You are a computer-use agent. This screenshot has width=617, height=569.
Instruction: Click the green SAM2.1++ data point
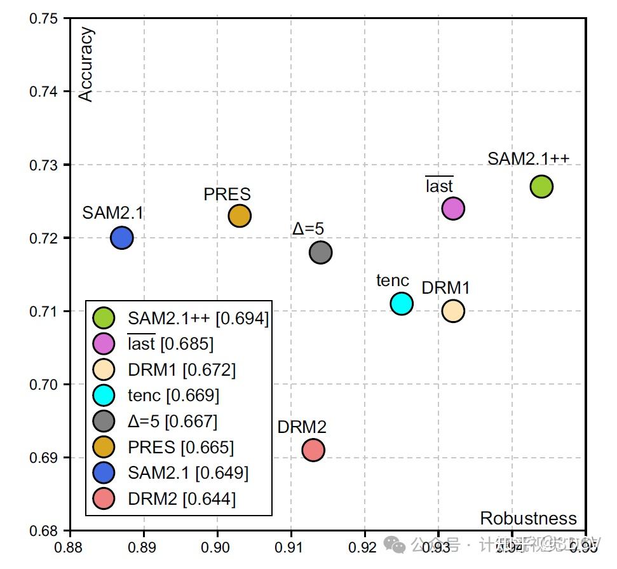(541, 187)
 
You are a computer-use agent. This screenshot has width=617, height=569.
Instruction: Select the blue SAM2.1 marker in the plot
(121, 238)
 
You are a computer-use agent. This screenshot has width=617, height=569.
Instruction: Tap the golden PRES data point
(240, 216)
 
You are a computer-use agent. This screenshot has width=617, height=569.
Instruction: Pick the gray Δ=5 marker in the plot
(321, 252)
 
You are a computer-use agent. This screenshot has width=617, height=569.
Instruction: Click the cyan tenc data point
(402, 304)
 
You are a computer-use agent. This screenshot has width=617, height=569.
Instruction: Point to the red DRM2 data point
(313, 450)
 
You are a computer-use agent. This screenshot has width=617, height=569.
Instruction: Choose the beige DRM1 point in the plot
(452, 311)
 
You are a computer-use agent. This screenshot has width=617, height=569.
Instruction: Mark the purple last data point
(452, 208)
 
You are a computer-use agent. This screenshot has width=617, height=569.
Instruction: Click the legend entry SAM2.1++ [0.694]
(198, 318)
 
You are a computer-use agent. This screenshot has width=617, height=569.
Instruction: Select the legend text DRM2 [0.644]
(181, 499)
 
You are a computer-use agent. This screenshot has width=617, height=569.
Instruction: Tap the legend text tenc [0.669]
(173, 395)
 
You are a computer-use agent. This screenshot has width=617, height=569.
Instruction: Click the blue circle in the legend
(104, 473)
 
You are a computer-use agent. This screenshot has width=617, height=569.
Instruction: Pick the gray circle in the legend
(104, 422)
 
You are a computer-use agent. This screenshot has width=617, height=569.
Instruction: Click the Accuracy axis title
(85, 64)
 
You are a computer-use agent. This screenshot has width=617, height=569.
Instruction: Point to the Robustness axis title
(528, 518)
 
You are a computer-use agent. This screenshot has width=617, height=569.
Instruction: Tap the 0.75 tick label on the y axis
(44, 18)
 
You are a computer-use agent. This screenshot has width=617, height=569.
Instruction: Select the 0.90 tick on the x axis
(217, 545)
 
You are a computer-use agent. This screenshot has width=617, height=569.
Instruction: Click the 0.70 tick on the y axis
(44, 385)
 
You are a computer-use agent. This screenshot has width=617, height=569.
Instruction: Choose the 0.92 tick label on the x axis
(365, 545)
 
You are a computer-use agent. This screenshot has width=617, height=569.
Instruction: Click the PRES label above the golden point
(227, 195)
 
